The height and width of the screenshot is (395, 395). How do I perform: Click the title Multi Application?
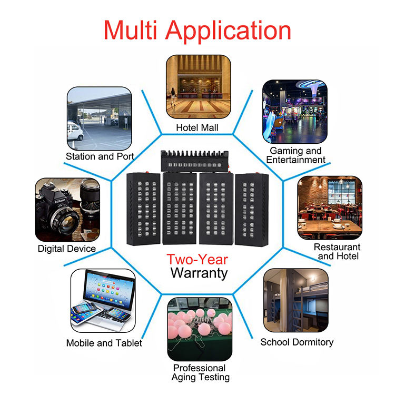click(x=197, y=30)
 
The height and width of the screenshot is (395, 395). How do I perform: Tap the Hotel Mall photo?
click(x=199, y=86)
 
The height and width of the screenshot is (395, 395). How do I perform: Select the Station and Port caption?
click(x=100, y=156)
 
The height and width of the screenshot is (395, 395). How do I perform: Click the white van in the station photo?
click(x=75, y=131)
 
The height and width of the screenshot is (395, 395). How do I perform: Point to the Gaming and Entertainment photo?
click(x=294, y=111)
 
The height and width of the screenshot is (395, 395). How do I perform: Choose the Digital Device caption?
click(x=67, y=249)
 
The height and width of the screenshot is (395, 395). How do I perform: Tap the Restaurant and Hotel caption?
click(x=337, y=251)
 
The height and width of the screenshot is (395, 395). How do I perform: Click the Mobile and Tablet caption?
click(x=104, y=343)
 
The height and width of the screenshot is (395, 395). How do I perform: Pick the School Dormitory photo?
click(x=295, y=300)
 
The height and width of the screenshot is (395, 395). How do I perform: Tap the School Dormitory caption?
click(x=297, y=342)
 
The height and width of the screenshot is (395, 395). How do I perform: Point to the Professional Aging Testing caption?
click(x=201, y=372)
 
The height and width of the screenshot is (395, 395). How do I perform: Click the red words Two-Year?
click(x=197, y=260)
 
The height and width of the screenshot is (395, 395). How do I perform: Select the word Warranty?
click(x=199, y=273)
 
